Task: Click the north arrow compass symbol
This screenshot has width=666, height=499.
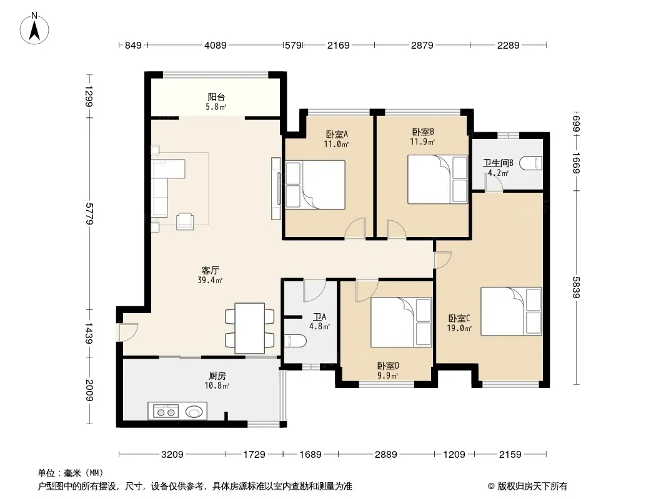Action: (34, 29)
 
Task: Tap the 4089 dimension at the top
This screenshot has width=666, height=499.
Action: (216, 45)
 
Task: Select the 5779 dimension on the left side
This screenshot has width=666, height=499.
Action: (89, 214)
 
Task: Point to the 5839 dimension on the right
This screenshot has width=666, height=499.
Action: (576, 287)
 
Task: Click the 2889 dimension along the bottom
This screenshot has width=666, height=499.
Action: (385, 455)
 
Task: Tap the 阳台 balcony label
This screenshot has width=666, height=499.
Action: (216, 97)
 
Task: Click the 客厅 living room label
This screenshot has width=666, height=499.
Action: (211, 270)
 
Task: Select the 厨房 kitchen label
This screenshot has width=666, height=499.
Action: (217, 375)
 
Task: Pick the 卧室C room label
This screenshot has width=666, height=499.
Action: (459, 318)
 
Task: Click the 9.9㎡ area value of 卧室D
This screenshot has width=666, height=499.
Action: (388, 375)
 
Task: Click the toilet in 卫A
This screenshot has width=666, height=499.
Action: (295, 341)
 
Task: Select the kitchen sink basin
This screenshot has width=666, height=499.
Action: (195, 411)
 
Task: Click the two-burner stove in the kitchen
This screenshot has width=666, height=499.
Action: (166, 411)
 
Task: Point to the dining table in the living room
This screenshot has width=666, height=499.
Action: (250, 328)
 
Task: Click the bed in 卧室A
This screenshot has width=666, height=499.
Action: (315, 185)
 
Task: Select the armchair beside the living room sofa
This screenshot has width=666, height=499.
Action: (185, 221)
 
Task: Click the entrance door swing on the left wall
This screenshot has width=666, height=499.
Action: (128, 332)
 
